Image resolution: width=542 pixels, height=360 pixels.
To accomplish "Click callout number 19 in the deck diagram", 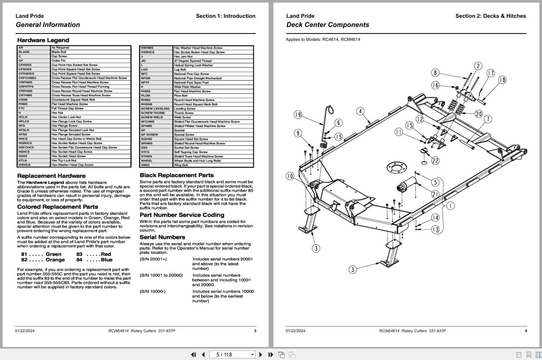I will coord(298,115).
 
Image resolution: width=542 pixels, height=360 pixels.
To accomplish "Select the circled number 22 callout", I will coord(435,160).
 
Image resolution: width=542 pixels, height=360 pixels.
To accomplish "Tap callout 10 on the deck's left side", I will coord(290,176).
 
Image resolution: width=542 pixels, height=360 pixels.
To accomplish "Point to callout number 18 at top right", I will coord(502,80).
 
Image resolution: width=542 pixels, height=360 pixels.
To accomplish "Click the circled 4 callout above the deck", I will coord(360,111).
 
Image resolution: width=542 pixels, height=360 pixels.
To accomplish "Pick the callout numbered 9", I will coord(298,133).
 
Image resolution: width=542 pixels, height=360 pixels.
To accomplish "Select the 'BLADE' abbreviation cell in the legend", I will coord(24,52).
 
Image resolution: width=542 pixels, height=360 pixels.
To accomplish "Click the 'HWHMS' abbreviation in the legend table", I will coord(147,48).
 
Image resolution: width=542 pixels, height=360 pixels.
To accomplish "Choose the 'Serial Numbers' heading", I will coord(162,237).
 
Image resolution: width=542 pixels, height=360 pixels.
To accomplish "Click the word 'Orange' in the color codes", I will coord(55,260).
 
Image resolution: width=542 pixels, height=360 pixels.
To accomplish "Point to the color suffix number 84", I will coord(79,260).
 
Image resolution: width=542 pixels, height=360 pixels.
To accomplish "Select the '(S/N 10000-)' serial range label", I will coord(153,292).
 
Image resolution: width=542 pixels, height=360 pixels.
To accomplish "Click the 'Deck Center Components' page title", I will coord(328,25).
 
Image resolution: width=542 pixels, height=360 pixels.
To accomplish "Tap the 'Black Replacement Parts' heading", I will coord(176,175).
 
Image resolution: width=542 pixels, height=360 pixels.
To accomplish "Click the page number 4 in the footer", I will coord(525,331).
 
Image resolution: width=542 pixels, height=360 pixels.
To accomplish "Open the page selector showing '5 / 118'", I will coord(232,354).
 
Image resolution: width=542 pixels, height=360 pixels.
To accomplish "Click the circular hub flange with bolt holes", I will coord(396,168).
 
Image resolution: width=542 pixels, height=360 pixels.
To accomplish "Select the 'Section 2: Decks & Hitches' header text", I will coord(490,16).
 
